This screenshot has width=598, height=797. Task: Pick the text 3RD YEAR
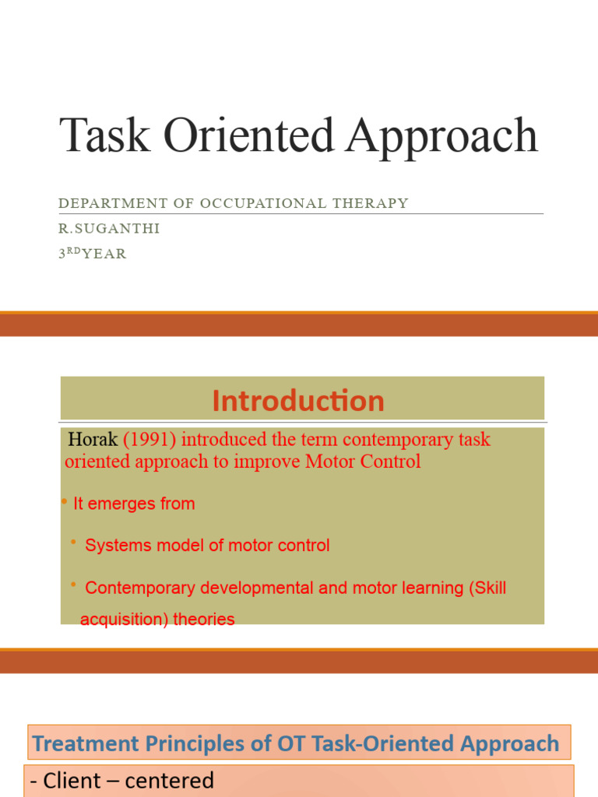(x=92, y=254)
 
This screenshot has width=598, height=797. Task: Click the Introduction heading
(x=298, y=401)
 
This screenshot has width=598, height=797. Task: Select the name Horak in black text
(x=93, y=439)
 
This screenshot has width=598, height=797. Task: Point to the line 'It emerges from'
(x=133, y=504)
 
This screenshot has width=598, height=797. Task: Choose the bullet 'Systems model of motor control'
(x=207, y=546)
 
